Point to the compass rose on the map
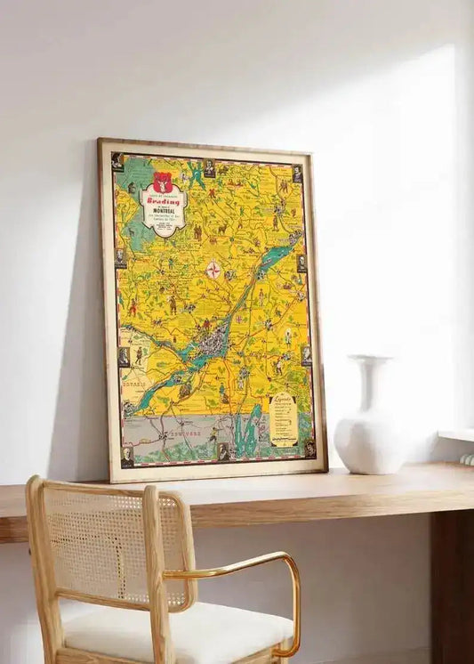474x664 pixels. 213,270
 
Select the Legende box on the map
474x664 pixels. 284,418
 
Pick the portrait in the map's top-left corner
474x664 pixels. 116,160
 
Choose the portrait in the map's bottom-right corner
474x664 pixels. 309,448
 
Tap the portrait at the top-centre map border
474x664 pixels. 209,166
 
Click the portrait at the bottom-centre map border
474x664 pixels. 223,451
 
